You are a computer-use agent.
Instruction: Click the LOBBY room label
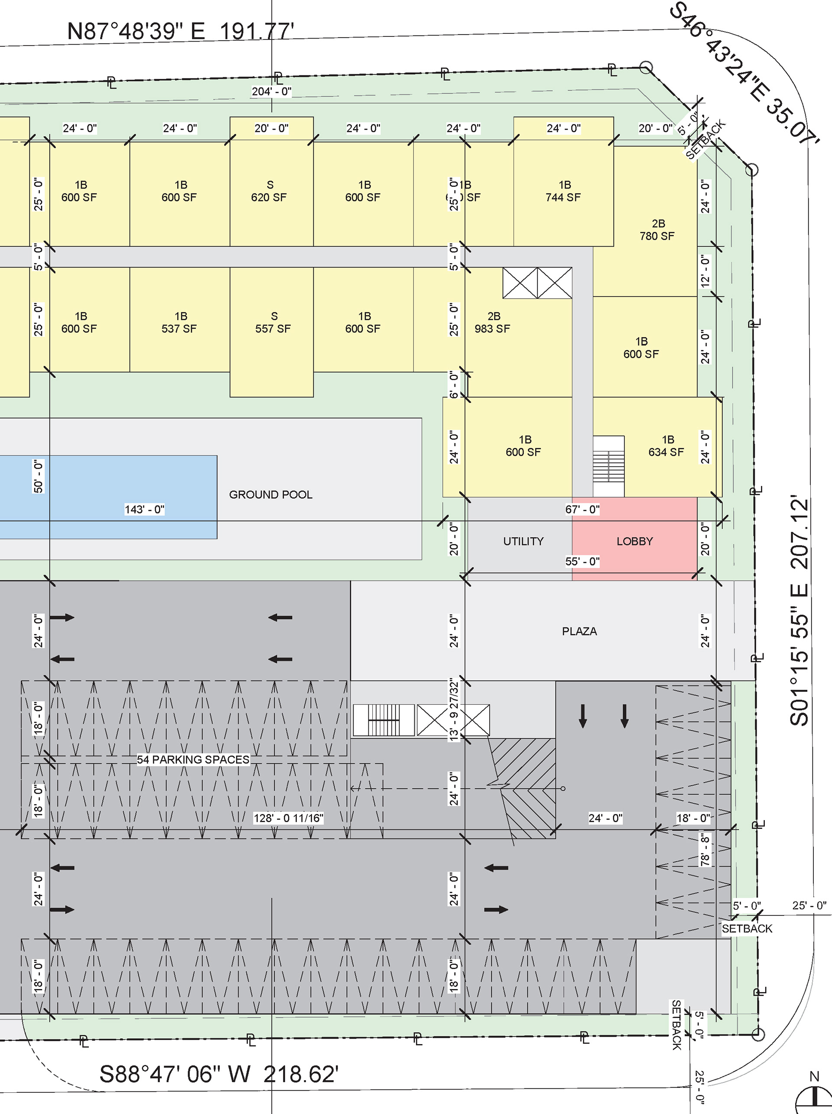point(634,541)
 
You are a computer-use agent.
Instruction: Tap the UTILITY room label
point(523,541)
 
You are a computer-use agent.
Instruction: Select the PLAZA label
point(579,632)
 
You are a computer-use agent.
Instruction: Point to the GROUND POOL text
point(271,495)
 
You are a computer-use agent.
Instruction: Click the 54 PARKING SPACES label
point(193,759)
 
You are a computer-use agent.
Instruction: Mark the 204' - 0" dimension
point(271,91)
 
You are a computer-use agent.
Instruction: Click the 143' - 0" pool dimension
point(144,510)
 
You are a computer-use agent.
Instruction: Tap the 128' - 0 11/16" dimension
point(288,818)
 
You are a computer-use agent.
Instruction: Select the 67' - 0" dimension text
point(582,510)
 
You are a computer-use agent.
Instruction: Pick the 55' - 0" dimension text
point(582,561)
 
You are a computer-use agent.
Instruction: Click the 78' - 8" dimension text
point(705,850)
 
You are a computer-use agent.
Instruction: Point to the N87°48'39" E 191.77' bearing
point(180,31)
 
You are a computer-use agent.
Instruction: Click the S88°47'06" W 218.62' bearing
point(219,1075)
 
